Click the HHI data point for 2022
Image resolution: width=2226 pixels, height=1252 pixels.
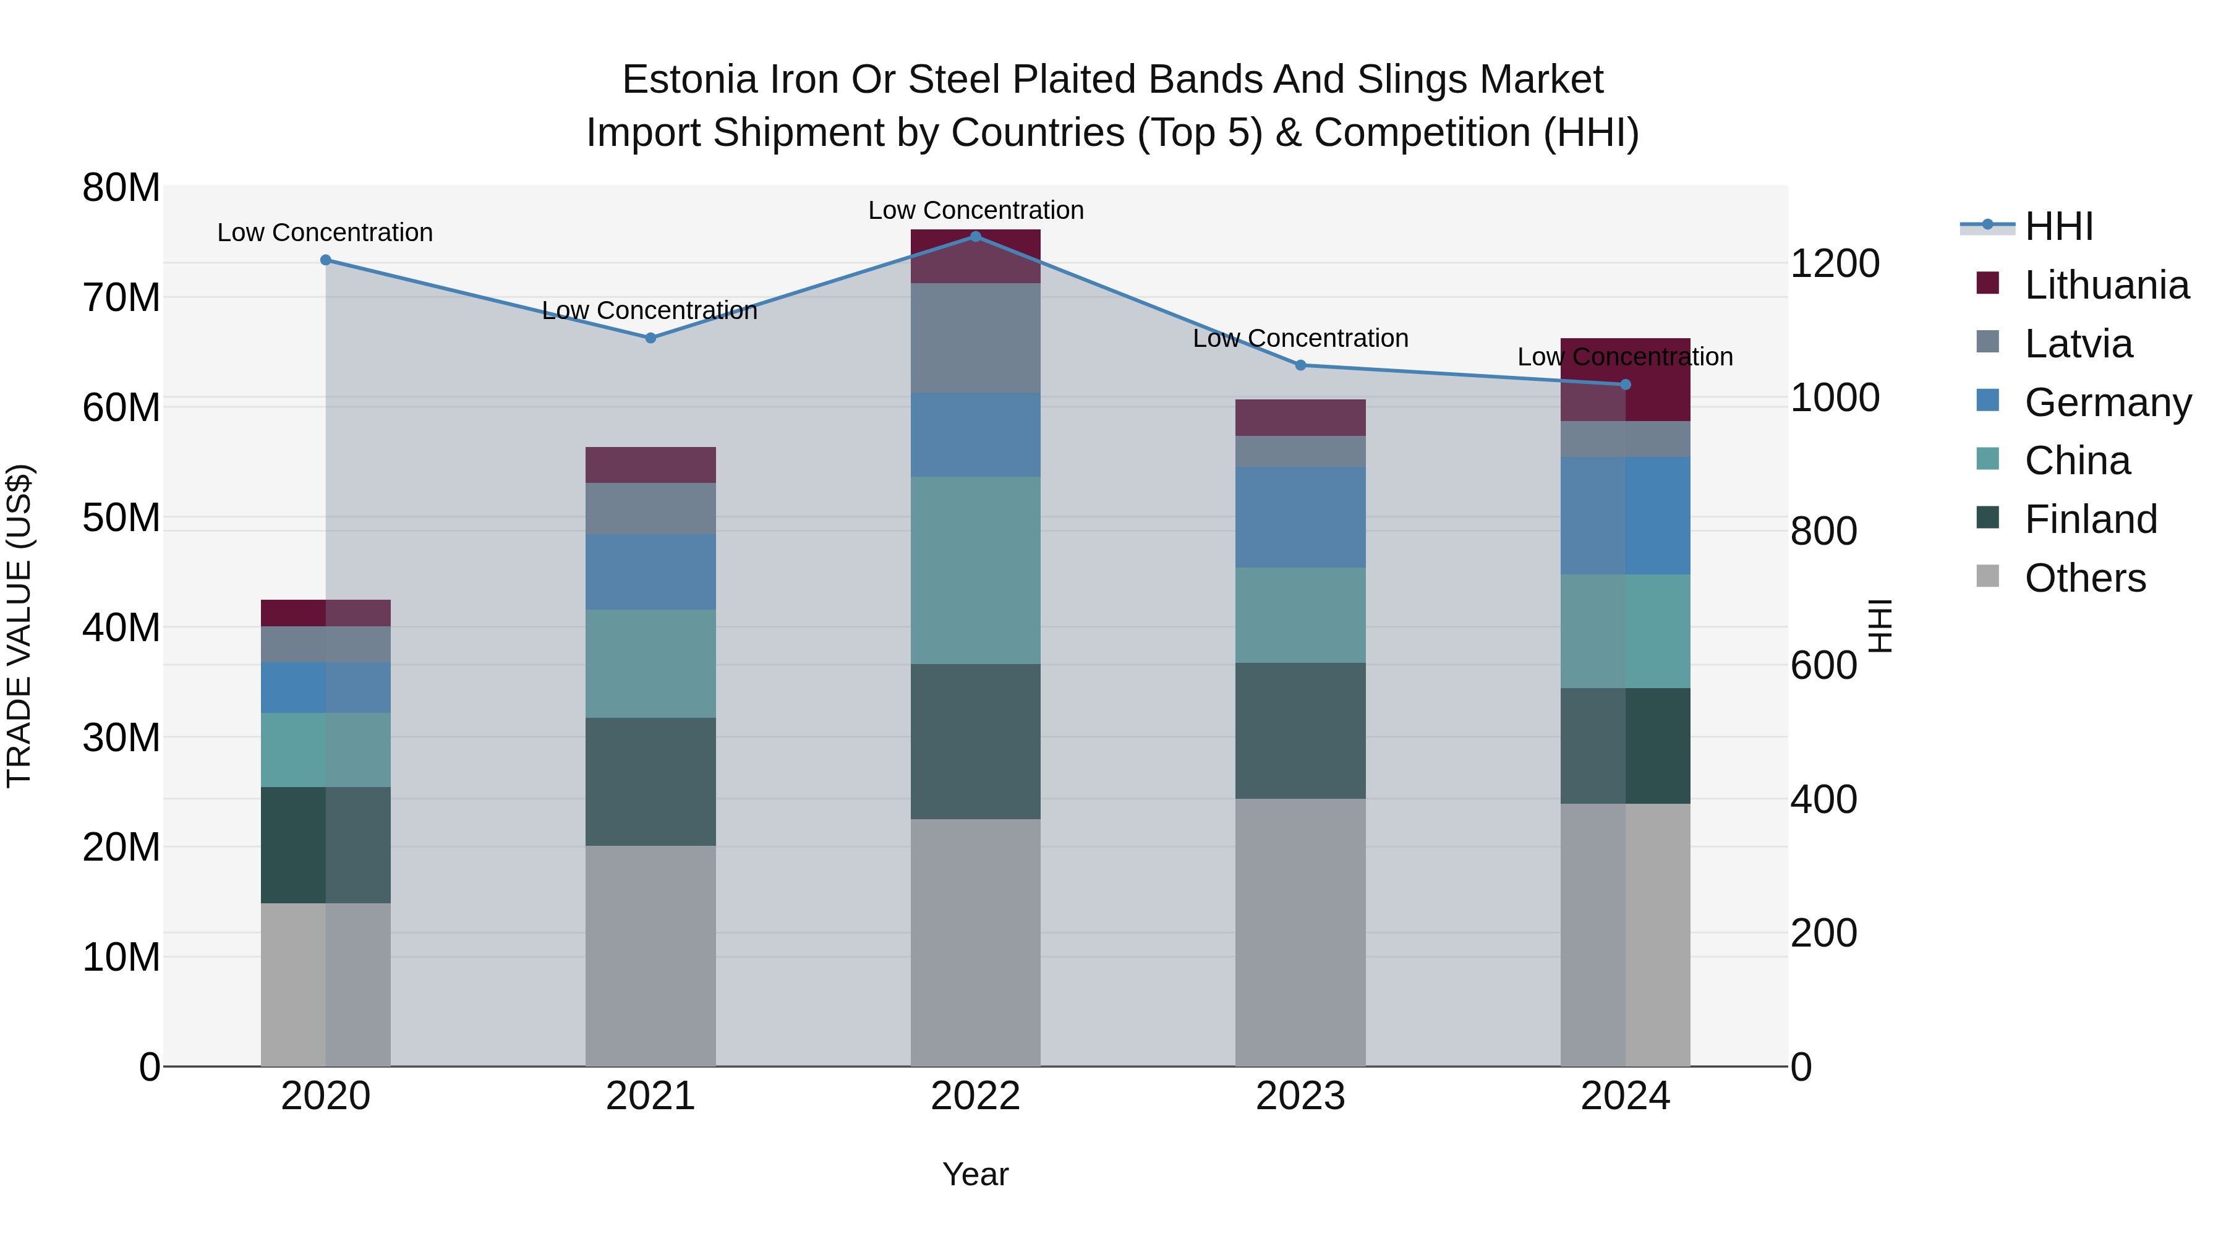(x=976, y=236)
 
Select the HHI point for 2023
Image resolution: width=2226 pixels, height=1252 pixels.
(x=1300, y=365)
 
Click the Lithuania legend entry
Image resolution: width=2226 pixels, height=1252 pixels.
(x=2106, y=285)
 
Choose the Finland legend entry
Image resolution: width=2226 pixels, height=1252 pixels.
(x=2091, y=519)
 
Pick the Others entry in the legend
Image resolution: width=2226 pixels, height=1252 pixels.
(x=2084, y=578)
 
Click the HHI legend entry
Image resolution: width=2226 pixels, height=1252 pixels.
(x=2058, y=226)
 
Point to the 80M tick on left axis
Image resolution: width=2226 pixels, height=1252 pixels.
(x=121, y=187)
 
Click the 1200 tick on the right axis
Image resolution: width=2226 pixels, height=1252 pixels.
(x=1835, y=263)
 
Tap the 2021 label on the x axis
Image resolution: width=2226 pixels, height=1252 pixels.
(x=650, y=1096)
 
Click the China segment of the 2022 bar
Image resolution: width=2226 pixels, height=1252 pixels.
(x=976, y=570)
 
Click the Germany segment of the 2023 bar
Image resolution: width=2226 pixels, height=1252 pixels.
(x=1300, y=517)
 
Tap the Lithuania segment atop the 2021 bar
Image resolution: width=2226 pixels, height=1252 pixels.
(x=650, y=465)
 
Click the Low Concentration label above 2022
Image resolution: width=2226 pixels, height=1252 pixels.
(x=976, y=210)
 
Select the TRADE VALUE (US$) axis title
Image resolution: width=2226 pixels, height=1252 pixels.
(x=19, y=626)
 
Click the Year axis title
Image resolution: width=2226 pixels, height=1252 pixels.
(x=976, y=1174)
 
